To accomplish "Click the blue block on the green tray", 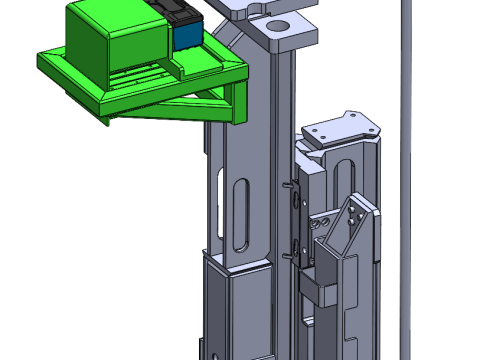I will coord(186,37).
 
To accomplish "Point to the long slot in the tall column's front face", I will coord(241,215).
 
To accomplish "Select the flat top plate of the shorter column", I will coord(340,128).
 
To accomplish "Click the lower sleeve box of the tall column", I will coord(236,305).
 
